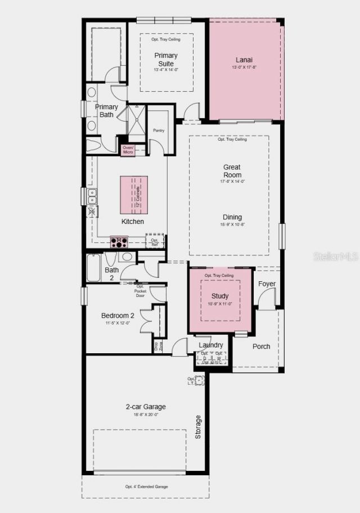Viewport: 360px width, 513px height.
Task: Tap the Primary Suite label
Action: point(166,59)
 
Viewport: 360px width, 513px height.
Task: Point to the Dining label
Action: point(232,217)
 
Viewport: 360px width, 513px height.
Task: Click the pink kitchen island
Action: point(134,195)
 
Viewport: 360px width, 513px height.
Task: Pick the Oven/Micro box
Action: point(128,150)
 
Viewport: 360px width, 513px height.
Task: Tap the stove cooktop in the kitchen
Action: point(119,242)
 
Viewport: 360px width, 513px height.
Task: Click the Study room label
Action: point(220,296)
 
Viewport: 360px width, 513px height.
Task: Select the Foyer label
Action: point(267,283)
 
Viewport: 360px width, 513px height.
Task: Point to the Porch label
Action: point(261,346)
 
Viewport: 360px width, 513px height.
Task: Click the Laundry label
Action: point(211,345)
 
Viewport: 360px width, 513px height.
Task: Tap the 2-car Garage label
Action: point(145,407)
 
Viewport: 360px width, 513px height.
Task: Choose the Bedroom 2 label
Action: point(118,316)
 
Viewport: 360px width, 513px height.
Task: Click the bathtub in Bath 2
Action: point(94,269)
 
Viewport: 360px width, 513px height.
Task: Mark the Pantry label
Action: point(158,130)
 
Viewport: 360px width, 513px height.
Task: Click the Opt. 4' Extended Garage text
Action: point(146,487)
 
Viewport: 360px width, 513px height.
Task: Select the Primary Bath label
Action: point(106,110)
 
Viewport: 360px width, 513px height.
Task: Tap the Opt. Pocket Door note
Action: point(141,291)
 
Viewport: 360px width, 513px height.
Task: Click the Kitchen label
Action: point(133,222)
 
